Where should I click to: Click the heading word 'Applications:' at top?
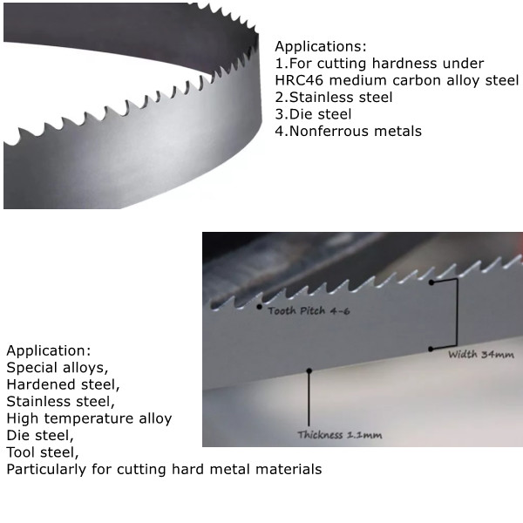320,46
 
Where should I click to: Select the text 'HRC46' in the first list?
297,80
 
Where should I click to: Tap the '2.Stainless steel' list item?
333,98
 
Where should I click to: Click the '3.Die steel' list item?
313,114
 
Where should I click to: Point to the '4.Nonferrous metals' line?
348,131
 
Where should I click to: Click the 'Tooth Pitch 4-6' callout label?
309,311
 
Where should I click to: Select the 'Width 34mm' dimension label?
481,355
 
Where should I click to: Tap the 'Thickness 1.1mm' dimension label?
340,434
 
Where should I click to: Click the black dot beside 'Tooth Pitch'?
259,307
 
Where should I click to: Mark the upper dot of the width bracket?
431,282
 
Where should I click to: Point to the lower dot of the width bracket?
431,349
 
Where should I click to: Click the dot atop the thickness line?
309,370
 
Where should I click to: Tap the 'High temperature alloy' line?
89,418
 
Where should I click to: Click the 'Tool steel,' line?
43,452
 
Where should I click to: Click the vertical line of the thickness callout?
309,401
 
